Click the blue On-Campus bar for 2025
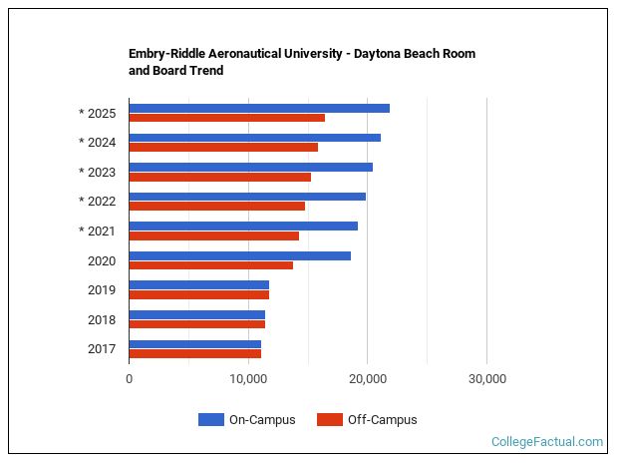(x=259, y=108)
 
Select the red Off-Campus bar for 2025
(x=227, y=118)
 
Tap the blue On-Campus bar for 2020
(x=239, y=255)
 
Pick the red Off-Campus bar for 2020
(x=211, y=265)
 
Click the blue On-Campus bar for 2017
(x=195, y=344)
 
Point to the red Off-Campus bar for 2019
(x=199, y=294)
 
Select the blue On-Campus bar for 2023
(x=251, y=167)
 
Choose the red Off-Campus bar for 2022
(x=217, y=206)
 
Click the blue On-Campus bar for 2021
(x=243, y=226)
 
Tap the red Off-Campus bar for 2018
(x=197, y=324)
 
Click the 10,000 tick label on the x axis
(x=248, y=379)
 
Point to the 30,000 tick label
(x=486, y=379)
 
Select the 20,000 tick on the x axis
(x=368, y=379)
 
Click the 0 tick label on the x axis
(x=130, y=379)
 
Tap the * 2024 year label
(x=98, y=142)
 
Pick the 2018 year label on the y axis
(x=102, y=319)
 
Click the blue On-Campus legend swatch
(x=211, y=420)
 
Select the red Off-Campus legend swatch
(x=329, y=420)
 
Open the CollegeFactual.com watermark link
(x=547, y=441)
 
